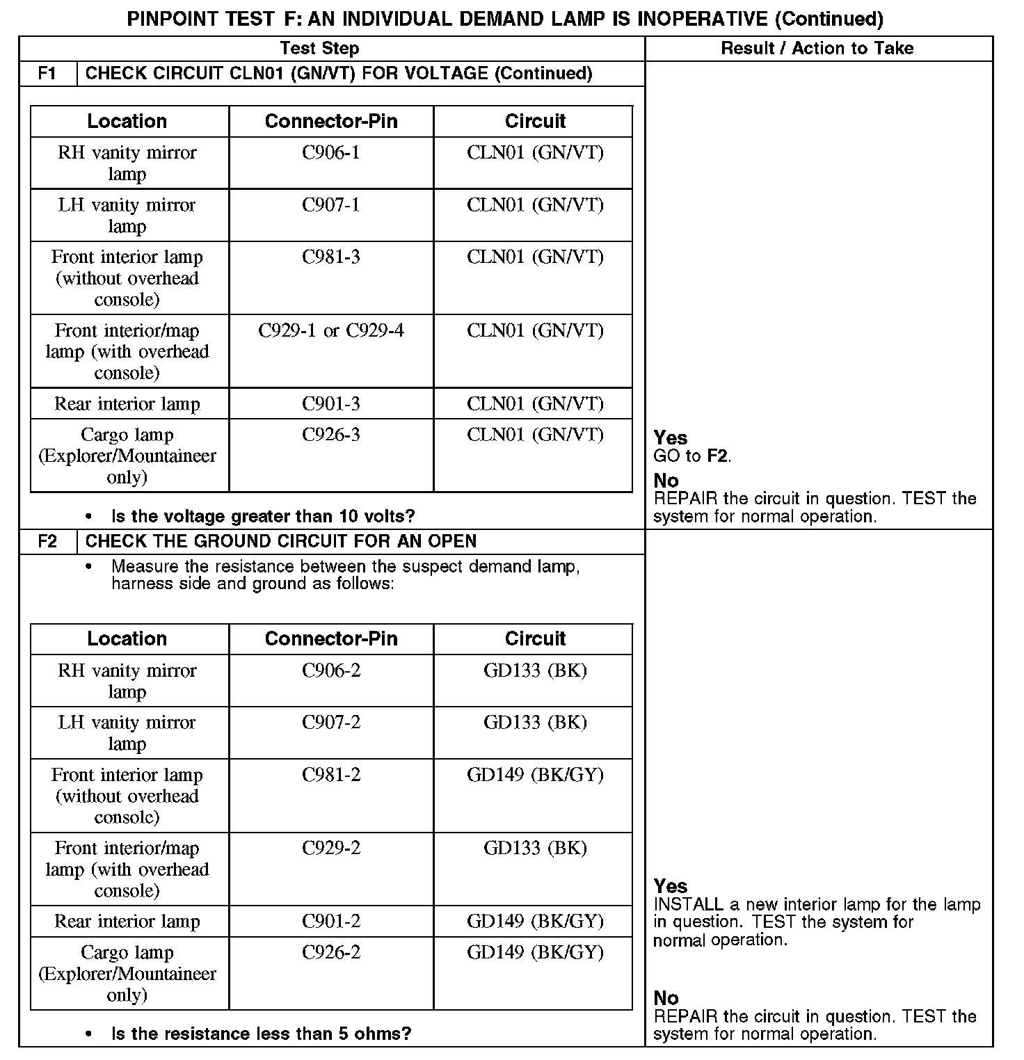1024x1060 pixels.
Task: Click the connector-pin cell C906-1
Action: pos(331,152)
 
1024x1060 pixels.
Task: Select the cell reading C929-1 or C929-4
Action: pos(331,330)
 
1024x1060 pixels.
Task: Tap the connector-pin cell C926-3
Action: pos(331,435)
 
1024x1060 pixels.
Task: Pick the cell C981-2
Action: pos(331,775)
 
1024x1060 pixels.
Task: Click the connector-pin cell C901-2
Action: pos(331,922)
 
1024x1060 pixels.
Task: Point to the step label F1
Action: pos(47,74)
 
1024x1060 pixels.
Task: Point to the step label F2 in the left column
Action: pos(47,542)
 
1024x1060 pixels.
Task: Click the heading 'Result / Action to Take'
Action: pos(817,49)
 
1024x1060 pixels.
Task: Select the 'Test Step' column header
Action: pos(319,49)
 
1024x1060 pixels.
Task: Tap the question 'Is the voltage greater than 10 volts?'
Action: pos(263,517)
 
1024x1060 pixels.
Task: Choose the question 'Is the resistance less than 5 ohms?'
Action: pos(261,1034)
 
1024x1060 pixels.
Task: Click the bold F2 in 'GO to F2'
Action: pos(718,457)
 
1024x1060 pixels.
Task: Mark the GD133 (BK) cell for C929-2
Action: pos(535,848)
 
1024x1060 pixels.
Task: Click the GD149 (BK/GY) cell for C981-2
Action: pos(535,775)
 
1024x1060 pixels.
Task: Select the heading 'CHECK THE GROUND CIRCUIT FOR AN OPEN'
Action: pos(281,542)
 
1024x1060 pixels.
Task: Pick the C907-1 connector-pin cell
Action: pos(331,205)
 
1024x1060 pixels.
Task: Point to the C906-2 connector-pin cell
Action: pos(331,670)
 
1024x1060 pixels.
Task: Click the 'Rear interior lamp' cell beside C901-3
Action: pos(127,404)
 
